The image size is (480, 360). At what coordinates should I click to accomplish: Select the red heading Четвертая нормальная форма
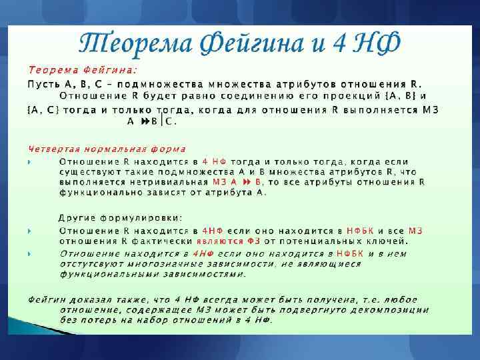107,149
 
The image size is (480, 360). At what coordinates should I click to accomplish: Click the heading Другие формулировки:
120,217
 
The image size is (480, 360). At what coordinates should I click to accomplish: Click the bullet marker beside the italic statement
30,254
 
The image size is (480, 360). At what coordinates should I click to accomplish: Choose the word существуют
87,171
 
